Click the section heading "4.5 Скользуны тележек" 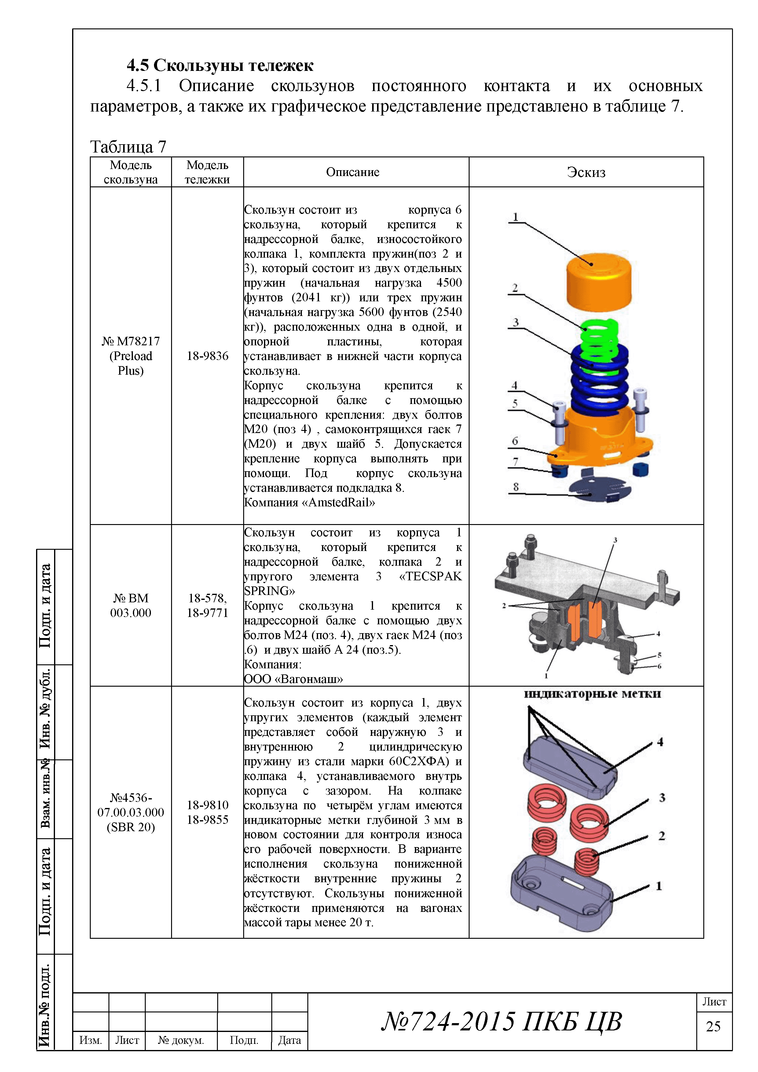[x=220, y=65]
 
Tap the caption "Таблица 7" [x=128, y=147]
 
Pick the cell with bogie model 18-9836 [x=207, y=356]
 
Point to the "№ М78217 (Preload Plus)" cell [x=131, y=356]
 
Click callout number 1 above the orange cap [x=515, y=217]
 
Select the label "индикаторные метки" [x=592, y=694]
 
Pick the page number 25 [x=713, y=1026]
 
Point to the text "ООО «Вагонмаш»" [x=293, y=679]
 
